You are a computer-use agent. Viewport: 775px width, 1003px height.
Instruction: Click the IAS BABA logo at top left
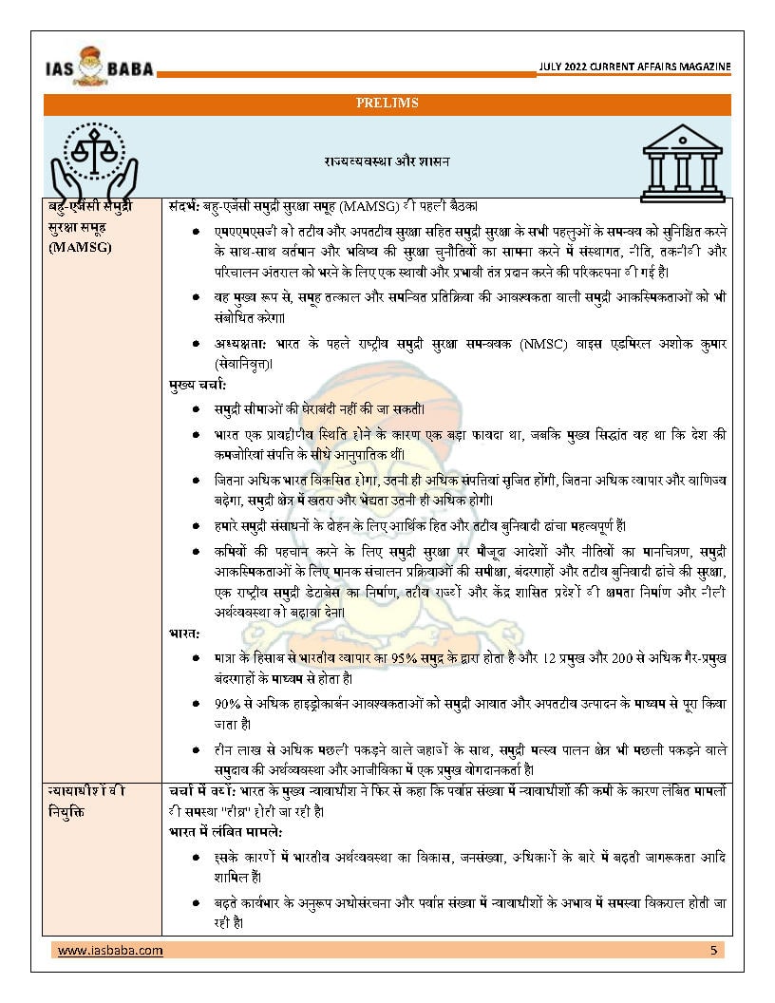99,65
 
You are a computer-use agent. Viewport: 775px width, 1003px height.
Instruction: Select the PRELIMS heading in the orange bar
387,103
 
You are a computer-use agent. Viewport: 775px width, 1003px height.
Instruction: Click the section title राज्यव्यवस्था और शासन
386,161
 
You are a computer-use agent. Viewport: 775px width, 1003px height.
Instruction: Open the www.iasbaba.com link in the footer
110,950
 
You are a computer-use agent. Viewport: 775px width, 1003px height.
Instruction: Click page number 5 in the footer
713,950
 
